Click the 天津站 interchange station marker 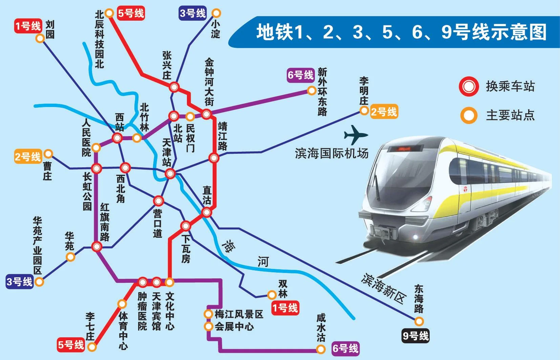click(x=170, y=174)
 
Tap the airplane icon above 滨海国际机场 click(x=355, y=135)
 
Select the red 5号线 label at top click(x=131, y=14)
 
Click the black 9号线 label click(x=415, y=336)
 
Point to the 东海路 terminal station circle click(x=419, y=321)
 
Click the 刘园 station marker click(x=40, y=38)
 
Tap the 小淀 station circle click(x=216, y=13)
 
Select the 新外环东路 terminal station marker click(x=311, y=90)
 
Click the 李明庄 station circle click(x=364, y=110)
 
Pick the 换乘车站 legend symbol click(x=469, y=86)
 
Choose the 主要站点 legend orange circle click(x=469, y=115)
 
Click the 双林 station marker click(x=272, y=295)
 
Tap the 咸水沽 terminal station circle click(x=320, y=349)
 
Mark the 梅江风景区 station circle click(x=209, y=314)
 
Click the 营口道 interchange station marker click(x=158, y=201)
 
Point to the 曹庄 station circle click(x=48, y=154)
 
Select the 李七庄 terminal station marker click(x=92, y=347)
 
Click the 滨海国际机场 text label click(x=331, y=153)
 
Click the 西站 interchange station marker click(x=117, y=138)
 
